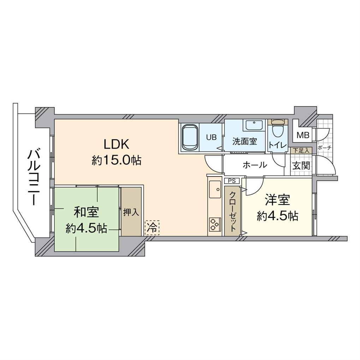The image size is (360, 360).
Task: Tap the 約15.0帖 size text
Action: click(x=116, y=160)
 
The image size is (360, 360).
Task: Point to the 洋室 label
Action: click(x=277, y=200)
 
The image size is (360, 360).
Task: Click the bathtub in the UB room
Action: click(x=190, y=137)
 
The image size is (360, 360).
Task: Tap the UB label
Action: click(x=211, y=137)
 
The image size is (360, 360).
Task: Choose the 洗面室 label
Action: click(x=245, y=141)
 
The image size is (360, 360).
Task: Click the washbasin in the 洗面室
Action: click(x=254, y=125)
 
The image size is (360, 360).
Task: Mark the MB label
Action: click(x=303, y=135)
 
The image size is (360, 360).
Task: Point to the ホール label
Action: click(x=255, y=164)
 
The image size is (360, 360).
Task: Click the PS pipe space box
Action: click(x=232, y=181)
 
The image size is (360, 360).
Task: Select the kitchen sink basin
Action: click(x=215, y=190)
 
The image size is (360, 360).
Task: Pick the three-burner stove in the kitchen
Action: click(x=215, y=224)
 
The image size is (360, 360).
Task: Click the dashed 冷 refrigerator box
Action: click(x=152, y=228)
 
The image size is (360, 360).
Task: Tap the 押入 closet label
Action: click(x=131, y=212)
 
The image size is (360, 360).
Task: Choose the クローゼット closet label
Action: click(x=232, y=211)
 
